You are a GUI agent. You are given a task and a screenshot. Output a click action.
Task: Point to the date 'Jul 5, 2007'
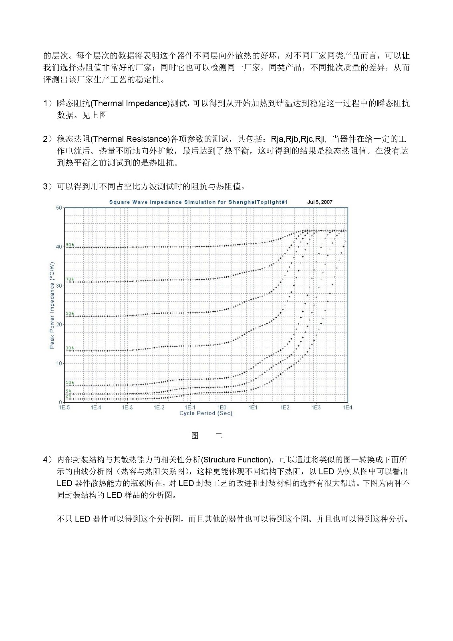click(x=320, y=202)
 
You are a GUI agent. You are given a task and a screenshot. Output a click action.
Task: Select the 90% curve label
click(x=70, y=244)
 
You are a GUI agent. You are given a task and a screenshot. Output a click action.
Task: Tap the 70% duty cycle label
click(x=70, y=279)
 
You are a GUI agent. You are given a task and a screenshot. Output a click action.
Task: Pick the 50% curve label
click(x=70, y=313)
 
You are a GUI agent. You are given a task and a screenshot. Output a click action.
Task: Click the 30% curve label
click(x=70, y=348)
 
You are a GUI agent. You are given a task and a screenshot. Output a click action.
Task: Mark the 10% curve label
click(x=70, y=383)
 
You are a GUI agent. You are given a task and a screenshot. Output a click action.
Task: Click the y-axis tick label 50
click(x=59, y=208)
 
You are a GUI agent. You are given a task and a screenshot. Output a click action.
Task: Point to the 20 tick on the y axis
click(x=59, y=325)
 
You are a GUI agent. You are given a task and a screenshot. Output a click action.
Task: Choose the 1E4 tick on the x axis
click(x=347, y=407)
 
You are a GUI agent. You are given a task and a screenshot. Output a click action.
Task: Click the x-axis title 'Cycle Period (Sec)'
click(x=205, y=413)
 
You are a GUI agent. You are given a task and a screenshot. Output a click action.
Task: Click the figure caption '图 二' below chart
click(x=207, y=436)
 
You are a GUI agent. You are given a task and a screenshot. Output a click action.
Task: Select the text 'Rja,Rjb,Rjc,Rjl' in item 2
click(x=298, y=139)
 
